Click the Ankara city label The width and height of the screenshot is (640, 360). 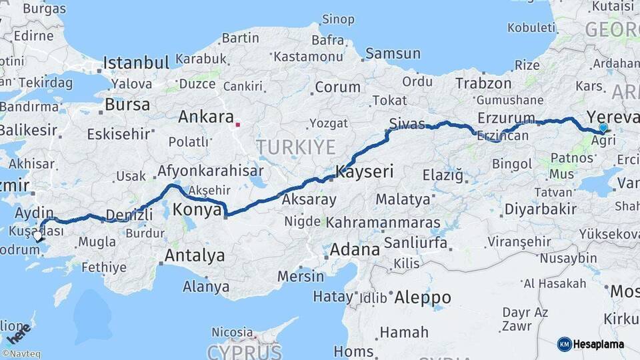tap(205, 117)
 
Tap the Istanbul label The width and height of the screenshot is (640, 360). tap(136, 64)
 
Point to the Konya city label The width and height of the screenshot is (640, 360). tap(197, 210)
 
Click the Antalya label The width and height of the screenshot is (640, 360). tap(194, 255)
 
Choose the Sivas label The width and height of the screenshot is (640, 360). tap(406, 124)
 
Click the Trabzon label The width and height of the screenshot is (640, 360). tap(483, 83)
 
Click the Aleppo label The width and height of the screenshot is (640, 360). tap(423, 297)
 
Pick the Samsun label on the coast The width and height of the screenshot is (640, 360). tap(393, 53)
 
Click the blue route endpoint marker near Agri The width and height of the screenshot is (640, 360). tap(603, 127)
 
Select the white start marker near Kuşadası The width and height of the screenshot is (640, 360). tap(38, 235)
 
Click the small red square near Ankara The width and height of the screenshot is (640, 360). tap(238, 124)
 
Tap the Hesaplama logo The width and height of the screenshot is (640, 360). tap(591, 344)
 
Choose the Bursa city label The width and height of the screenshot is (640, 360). tap(127, 105)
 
